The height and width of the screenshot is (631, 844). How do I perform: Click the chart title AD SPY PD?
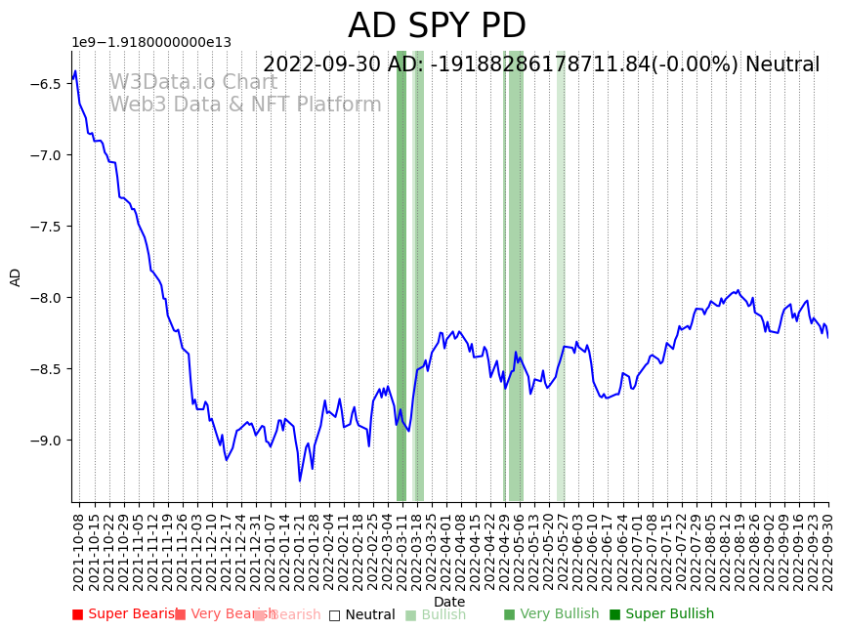(x=437, y=26)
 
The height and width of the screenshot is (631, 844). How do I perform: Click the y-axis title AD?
(x=16, y=276)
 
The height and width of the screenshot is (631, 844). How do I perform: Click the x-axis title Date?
(x=449, y=602)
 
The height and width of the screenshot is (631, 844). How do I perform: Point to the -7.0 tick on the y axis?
(x=46, y=155)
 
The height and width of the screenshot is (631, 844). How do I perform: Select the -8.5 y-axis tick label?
(x=46, y=369)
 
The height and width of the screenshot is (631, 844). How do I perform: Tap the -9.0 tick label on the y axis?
(x=46, y=441)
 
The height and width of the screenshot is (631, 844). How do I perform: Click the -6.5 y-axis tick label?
(x=46, y=84)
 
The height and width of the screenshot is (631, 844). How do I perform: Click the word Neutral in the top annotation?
(x=782, y=65)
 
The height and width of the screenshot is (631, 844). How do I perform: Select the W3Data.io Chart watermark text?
(x=192, y=82)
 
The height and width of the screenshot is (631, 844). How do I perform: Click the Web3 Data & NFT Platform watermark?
(x=244, y=105)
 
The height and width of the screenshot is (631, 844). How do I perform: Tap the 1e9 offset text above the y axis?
(x=151, y=42)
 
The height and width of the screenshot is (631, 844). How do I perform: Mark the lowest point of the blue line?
(x=300, y=481)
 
